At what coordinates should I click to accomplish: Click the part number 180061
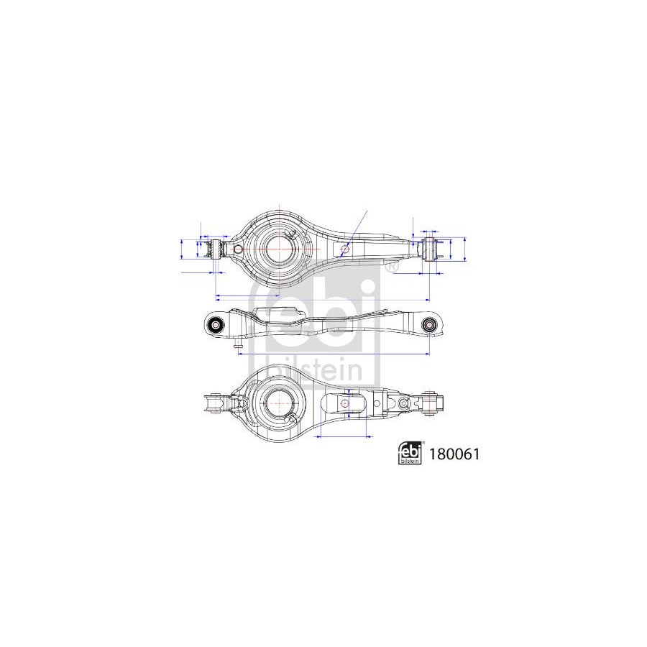pyautogui.click(x=454, y=454)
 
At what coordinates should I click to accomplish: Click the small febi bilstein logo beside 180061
pyautogui.click(x=410, y=453)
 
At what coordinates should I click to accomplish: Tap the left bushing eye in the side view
pyautogui.click(x=216, y=325)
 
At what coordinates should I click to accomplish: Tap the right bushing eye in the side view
pyautogui.click(x=429, y=325)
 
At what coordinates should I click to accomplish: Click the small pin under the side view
pyautogui.click(x=238, y=344)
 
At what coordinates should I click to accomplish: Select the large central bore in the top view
pyautogui.click(x=279, y=249)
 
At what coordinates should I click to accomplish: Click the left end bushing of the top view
pyautogui.click(x=214, y=249)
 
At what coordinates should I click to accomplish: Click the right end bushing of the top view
pyautogui.click(x=430, y=249)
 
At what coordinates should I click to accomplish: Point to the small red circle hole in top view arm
pyautogui.click(x=345, y=249)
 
